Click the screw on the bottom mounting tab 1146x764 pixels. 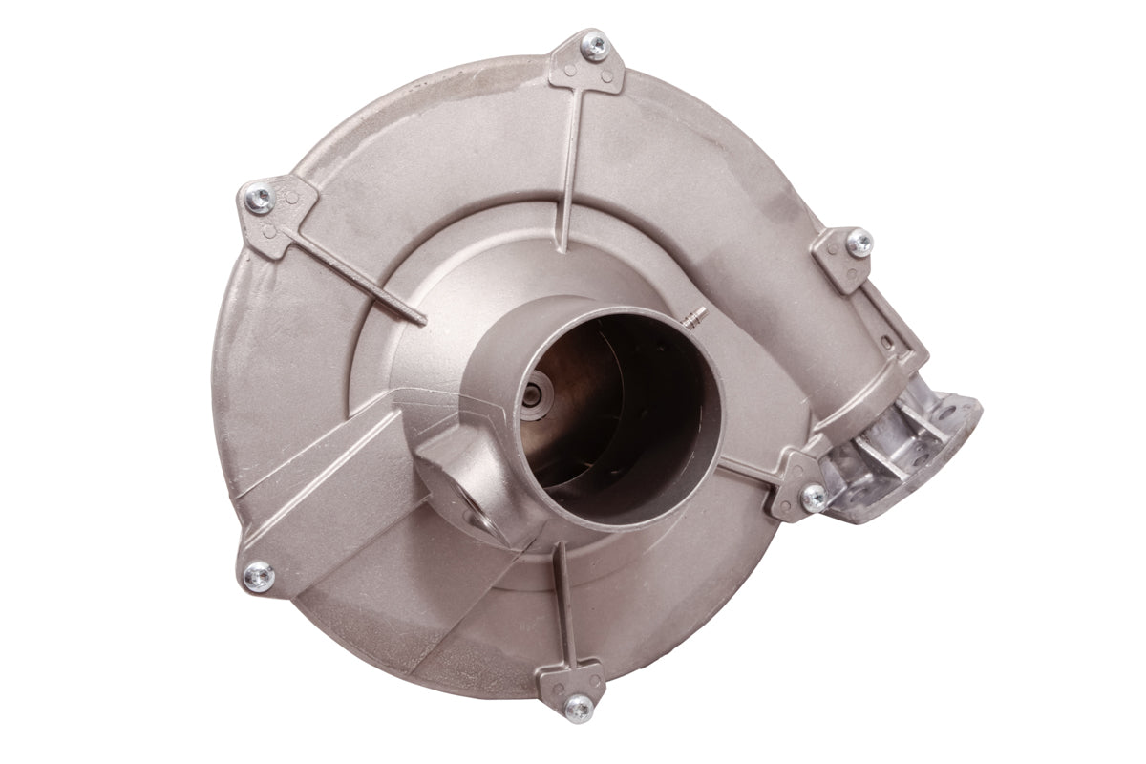click(x=577, y=706)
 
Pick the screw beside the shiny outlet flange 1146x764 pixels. click(x=814, y=494)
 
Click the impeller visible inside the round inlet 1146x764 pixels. click(x=611, y=420)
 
